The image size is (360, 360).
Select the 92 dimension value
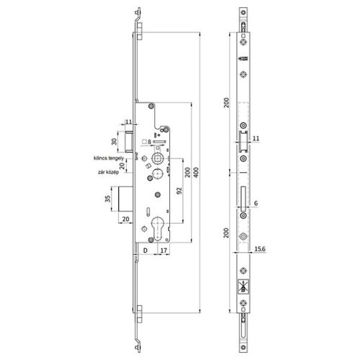point(177,191)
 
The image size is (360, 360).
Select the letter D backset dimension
point(145,251)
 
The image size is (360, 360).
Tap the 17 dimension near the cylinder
point(165,251)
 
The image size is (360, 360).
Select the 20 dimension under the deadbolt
point(125,219)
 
